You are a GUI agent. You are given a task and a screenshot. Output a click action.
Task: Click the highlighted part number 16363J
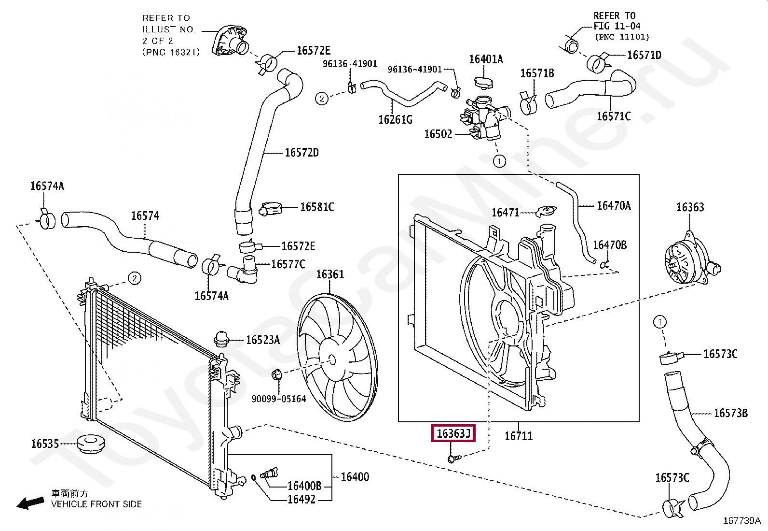(x=453, y=433)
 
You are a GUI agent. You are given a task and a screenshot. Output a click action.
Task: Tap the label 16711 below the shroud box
(x=519, y=436)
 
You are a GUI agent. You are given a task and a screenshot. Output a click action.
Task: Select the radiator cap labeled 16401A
(x=484, y=82)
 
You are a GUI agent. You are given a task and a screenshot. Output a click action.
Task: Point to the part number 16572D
(x=302, y=153)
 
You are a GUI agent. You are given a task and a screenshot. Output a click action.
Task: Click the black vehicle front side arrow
(x=30, y=503)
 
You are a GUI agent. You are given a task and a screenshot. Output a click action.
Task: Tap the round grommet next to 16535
(x=91, y=444)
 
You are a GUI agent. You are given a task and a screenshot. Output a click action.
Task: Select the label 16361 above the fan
(x=330, y=274)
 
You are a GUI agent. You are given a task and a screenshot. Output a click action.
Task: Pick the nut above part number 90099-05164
(x=277, y=374)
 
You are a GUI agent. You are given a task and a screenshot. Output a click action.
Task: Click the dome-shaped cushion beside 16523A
(x=221, y=339)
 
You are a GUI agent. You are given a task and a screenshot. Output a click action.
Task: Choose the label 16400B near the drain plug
(x=304, y=486)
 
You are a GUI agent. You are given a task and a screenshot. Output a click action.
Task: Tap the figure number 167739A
(x=742, y=521)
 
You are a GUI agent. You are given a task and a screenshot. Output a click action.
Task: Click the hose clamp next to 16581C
(x=271, y=208)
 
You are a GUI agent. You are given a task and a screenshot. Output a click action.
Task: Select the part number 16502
(x=438, y=134)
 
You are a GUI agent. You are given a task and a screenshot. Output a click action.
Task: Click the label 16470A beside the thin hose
(x=614, y=205)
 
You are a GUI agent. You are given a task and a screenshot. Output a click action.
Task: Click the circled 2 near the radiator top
(x=135, y=278)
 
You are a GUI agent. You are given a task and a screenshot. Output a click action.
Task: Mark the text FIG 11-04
(x=617, y=26)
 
